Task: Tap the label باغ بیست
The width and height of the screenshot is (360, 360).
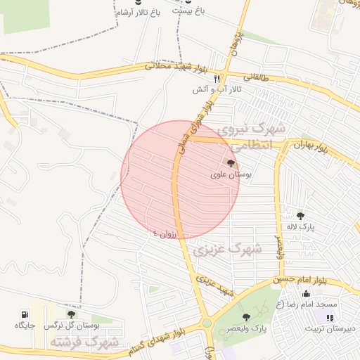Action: point(188,13)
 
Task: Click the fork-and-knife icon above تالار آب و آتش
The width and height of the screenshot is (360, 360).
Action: point(218,79)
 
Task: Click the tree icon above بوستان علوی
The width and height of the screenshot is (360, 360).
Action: point(232,163)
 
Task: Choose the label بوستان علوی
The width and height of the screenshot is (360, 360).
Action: point(232,174)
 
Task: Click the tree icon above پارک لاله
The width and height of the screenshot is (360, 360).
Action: point(301,216)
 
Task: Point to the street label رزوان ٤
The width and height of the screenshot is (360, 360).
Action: point(167,232)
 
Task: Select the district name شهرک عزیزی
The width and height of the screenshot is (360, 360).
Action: point(231,250)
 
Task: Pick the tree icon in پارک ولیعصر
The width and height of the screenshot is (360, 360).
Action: point(245,318)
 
